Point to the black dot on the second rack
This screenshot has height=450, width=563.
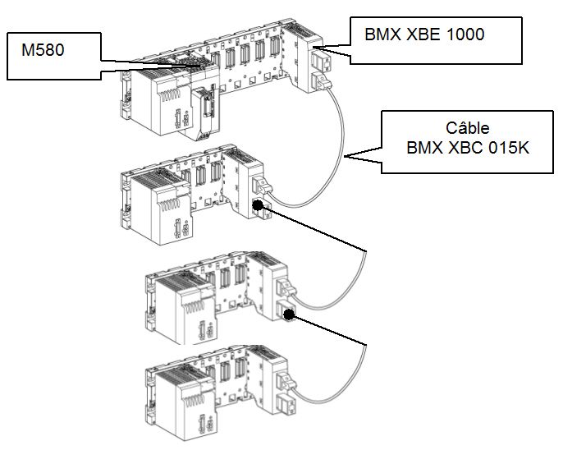(x=258, y=206)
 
